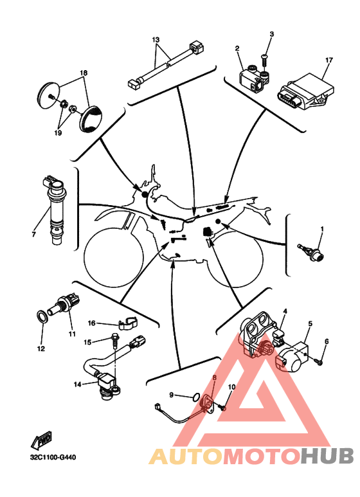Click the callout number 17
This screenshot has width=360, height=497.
point(329,60)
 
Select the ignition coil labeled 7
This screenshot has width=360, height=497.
point(54,209)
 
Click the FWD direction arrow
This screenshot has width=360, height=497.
point(41,440)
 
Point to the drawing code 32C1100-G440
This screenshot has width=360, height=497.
point(53,457)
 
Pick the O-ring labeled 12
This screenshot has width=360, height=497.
point(42,316)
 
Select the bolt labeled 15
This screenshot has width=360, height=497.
point(114,341)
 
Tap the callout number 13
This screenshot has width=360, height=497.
point(156,40)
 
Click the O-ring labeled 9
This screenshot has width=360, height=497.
point(196,397)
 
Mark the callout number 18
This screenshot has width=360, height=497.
point(84,73)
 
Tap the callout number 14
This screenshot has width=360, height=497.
point(78,384)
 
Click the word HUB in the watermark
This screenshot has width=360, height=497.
point(327,456)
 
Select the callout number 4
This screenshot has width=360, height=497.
point(285,311)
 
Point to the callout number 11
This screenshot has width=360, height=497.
point(72,334)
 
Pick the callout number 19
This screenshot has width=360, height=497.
point(58,133)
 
